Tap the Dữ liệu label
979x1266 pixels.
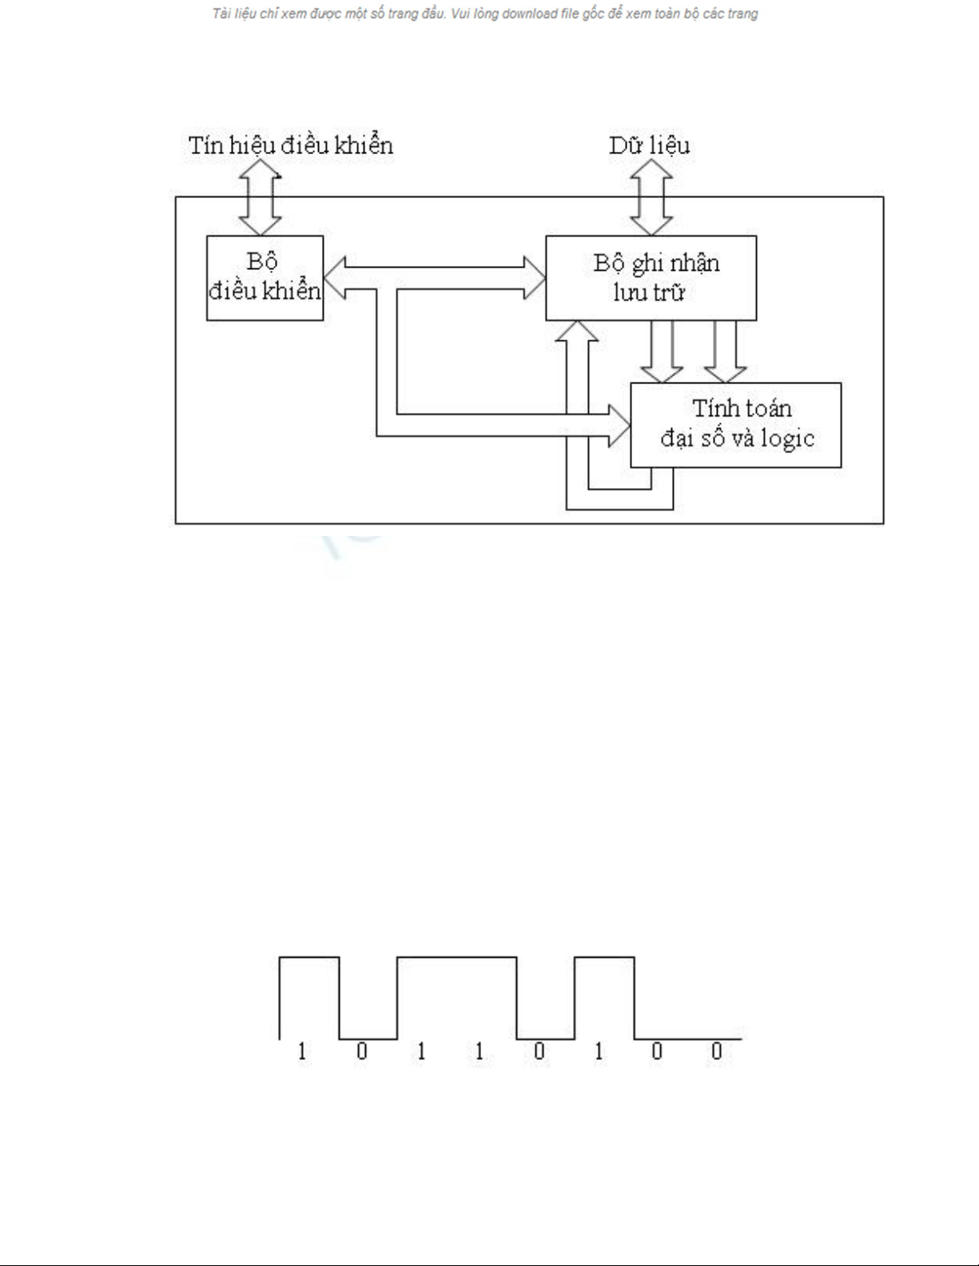[649, 145]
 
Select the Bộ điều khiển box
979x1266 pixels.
[265, 277]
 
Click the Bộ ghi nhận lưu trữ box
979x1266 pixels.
[651, 277]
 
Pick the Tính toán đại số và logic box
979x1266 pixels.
[735, 424]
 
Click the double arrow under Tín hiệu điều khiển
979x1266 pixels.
[261, 196]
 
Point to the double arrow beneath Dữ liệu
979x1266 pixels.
[651, 196]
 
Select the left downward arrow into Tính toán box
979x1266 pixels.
[662, 351]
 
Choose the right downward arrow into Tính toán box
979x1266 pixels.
[725, 351]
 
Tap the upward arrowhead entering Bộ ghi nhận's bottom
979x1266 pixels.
[576, 331]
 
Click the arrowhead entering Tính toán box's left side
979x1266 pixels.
[619, 425]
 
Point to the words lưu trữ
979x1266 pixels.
[649, 292]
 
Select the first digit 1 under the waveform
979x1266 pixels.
[301, 1051]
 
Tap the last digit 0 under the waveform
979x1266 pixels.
[716, 1051]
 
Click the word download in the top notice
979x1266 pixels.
[529, 14]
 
